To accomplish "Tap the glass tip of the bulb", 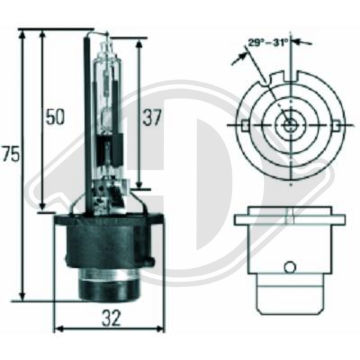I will pyautogui.click(x=105, y=38).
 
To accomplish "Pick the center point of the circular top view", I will pyautogui.click(x=290, y=126).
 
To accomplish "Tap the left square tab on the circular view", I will pyautogui.click(x=244, y=126).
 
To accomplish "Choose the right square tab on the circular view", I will pyautogui.click(x=336, y=126).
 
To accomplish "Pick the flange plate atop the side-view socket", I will pyautogui.click(x=289, y=220).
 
